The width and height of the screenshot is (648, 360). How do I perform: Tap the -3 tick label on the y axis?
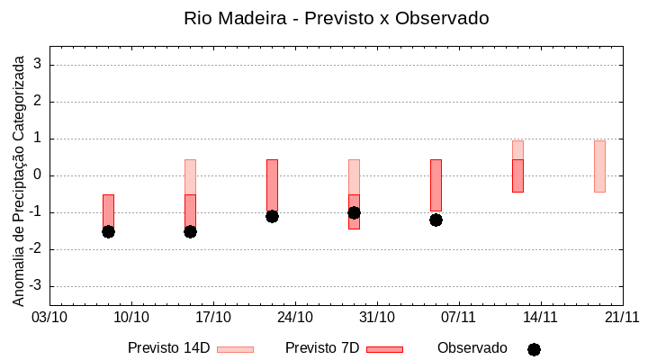(x=36, y=286)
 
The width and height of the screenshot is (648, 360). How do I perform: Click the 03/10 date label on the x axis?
(x=49, y=317)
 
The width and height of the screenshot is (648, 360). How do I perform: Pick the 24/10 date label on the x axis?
(x=295, y=317)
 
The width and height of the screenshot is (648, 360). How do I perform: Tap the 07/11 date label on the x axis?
(x=459, y=317)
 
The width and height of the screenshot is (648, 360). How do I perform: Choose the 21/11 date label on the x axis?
(x=622, y=317)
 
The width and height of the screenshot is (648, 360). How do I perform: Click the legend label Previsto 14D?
(x=169, y=348)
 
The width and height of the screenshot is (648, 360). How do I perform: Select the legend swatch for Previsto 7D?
(x=384, y=349)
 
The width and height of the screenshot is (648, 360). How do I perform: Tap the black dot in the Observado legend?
(x=534, y=349)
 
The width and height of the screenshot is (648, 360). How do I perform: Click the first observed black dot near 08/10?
(x=108, y=231)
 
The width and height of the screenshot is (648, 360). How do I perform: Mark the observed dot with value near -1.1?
(x=272, y=216)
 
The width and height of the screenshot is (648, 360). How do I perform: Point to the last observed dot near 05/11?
(x=436, y=220)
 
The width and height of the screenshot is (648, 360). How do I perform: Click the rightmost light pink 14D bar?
(x=599, y=166)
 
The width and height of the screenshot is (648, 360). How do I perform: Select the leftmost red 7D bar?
(x=108, y=211)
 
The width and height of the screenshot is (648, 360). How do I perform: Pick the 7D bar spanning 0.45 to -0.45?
(x=517, y=175)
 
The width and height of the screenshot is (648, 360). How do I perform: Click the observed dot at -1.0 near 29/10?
(x=354, y=212)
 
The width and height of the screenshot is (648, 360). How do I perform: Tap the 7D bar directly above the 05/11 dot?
(x=436, y=184)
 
